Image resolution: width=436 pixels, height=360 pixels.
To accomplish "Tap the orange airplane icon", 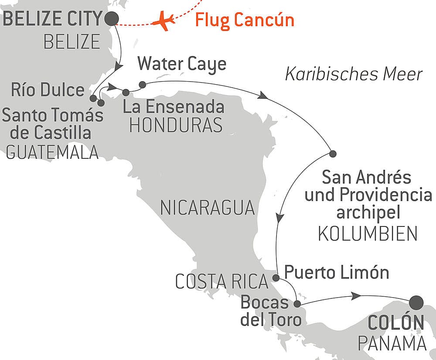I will (164, 21).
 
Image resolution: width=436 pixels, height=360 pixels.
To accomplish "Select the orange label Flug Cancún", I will (244, 20).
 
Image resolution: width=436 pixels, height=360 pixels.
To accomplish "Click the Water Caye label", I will (182, 64).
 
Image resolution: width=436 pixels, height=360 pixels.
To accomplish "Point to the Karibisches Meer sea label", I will (354, 75).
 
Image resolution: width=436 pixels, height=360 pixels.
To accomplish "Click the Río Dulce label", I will (48, 90).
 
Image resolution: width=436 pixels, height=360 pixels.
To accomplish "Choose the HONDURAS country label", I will (176, 126).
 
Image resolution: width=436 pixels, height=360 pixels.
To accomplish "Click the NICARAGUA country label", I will (207, 208).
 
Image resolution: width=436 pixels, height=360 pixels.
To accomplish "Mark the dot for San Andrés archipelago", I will (333, 154).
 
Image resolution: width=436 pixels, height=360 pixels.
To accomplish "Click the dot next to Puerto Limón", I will (276, 278).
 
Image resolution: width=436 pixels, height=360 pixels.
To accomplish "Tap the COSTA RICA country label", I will (221, 282).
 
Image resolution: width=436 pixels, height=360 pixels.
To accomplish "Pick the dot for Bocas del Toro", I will (297, 304).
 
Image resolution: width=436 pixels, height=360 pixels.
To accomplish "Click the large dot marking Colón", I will (417, 302).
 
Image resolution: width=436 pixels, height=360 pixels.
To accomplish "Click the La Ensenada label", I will (174, 106).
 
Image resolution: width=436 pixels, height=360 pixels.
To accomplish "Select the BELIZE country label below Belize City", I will (72, 42).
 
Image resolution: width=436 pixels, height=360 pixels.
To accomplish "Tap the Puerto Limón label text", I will (337, 273).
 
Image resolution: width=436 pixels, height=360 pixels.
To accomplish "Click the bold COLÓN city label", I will (396, 323).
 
